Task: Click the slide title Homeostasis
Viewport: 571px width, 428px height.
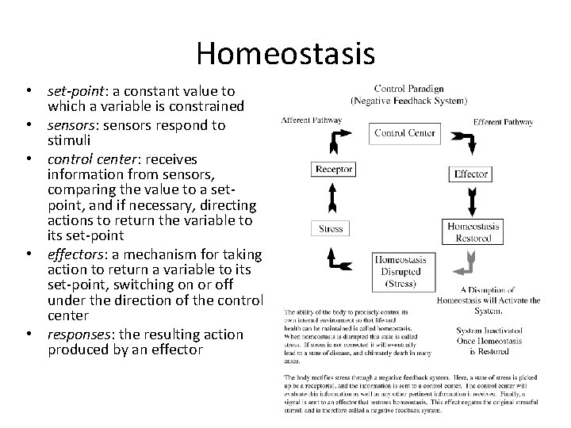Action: [x=285, y=53]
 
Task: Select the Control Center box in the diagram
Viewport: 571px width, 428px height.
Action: [x=404, y=132]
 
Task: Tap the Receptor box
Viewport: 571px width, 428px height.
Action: [x=334, y=169]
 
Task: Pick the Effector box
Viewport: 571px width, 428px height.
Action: [x=470, y=174]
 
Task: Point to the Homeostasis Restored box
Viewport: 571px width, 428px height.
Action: [x=473, y=231]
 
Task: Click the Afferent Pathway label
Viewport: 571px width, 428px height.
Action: [x=311, y=120]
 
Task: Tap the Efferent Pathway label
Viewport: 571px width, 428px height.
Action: [x=503, y=121]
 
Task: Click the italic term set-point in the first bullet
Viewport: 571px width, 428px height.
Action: [x=74, y=91]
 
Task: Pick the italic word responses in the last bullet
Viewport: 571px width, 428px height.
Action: [x=77, y=334]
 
